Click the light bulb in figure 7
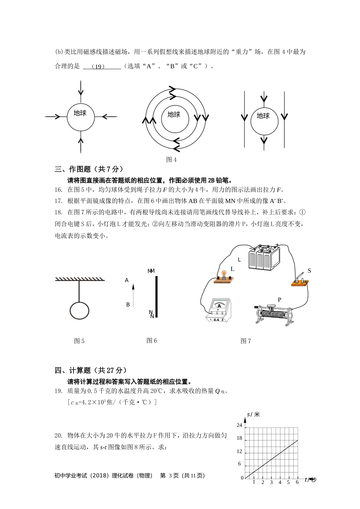pos(224,274)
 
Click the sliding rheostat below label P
pos(272,314)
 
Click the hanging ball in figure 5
pos(80,311)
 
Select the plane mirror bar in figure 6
pos(156,297)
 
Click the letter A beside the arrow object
pos(127,280)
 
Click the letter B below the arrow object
pos(128,304)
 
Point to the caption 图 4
pos(171,159)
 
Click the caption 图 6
pos(152,340)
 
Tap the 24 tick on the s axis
pos(239,425)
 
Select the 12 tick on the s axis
pos(239,451)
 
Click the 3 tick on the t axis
pos(271,482)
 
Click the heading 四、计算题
pos(91,370)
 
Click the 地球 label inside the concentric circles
pos(174,115)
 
